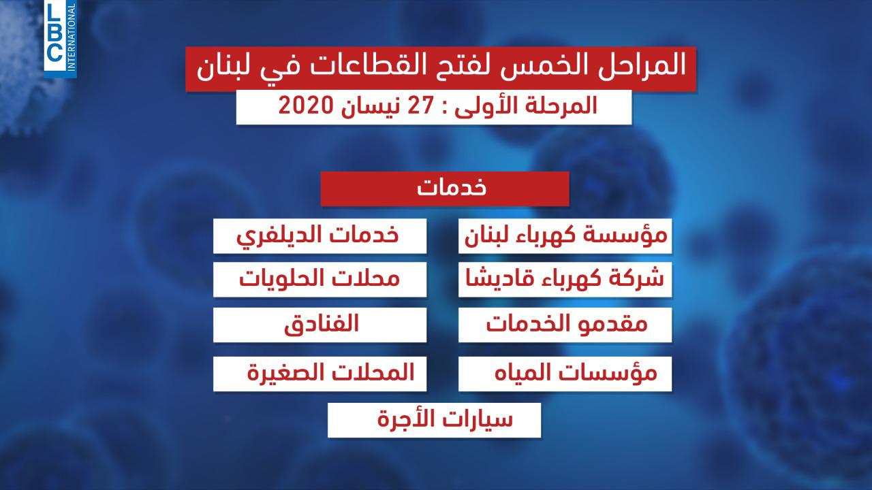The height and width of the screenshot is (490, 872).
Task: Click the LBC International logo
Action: pyautogui.click(x=60, y=38)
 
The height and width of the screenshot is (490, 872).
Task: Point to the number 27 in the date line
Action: pyautogui.click(x=420, y=105)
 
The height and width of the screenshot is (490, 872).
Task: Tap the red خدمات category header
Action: pyautogui.click(x=445, y=189)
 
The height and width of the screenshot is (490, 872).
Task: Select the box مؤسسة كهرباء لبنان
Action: pyautogui.click(x=565, y=236)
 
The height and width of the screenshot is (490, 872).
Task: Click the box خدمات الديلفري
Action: pyautogui.click(x=320, y=236)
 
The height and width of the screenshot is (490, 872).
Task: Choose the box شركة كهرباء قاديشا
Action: pyautogui.click(x=565, y=280)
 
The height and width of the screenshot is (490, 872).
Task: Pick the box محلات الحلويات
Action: pyautogui.click(x=320, y=280)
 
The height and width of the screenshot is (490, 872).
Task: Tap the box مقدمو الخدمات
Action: pyautogui.click(x=565, y=325)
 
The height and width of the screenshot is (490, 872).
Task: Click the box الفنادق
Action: pyautogui.click(x=320, y=325)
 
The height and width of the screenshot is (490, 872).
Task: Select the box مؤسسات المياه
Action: pyautogui.click(x=565, y=374)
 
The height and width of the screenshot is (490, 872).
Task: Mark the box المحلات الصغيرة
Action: pyautogui.click(x=320, y=374)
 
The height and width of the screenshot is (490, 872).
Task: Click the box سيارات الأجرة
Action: pyautogui.click(x=434, y=420)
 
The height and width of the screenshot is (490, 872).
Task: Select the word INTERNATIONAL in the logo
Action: pyautogui.click(x=72, y=37)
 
